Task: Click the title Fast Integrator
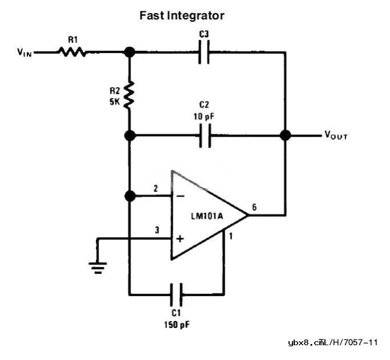click(182, 15)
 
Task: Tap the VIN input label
click(25, 52)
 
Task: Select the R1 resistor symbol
click(72, 52)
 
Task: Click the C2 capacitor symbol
click(204, 136)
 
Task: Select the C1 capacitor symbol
click(177, 295)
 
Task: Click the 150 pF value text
click(177, 325)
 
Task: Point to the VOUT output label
click(336, 136)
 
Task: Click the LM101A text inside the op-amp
click(206, 217)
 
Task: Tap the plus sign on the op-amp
click(180, 238)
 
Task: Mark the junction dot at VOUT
click(285, 136)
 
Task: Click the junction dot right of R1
click(130, 52)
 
